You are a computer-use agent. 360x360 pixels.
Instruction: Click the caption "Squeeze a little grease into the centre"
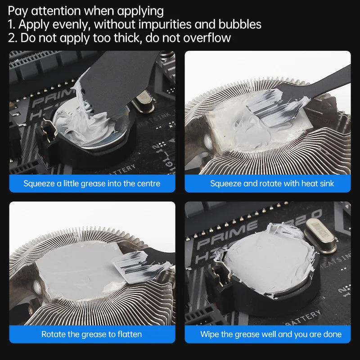click(x=92, y=184)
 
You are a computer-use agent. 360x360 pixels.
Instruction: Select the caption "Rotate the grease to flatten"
click(x=92, y=334)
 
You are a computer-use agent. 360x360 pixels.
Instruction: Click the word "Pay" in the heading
click(x=18, y=11)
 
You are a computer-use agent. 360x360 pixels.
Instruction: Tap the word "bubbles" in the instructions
click(x=239, y=24)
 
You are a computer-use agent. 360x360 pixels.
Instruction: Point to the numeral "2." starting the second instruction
click(x=13, y=38)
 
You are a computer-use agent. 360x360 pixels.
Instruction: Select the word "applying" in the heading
click(x=139, y=11)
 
